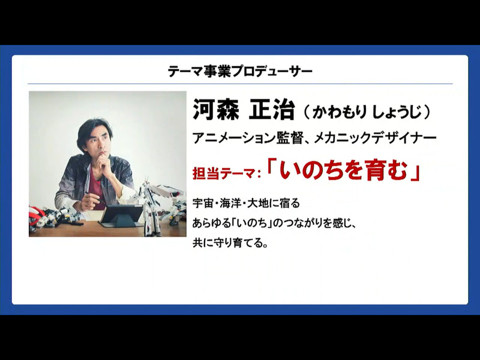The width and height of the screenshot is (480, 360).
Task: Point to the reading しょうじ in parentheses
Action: coord(395,112)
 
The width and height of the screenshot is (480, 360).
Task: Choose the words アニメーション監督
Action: coord(244,138)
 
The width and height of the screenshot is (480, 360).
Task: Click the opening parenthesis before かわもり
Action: coord(306,112)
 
